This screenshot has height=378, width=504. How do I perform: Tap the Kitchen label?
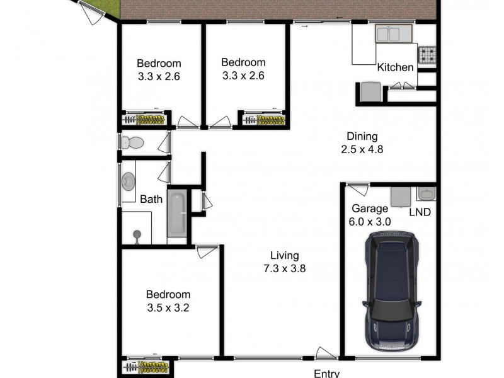395,67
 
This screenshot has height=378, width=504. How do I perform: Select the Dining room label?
362,136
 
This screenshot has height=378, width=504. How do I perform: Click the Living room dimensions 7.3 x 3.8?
284,268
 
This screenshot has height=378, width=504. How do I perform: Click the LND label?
420,212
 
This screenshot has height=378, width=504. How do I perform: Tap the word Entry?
327,373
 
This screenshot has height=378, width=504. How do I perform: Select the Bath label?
151,199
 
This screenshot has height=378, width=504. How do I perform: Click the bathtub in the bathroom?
177,214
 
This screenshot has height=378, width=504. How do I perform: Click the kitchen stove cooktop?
427,55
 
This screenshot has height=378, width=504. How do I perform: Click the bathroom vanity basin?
128,181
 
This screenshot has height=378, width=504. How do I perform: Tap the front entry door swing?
326,353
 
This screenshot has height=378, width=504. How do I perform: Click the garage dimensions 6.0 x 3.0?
370,221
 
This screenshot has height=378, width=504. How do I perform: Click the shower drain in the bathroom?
137,235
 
